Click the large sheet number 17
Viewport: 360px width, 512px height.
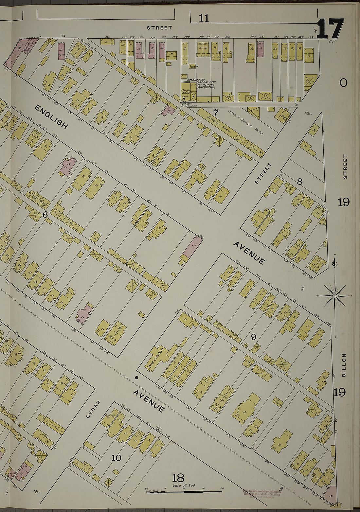[330, 29]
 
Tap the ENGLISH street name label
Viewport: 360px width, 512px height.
[51, 117]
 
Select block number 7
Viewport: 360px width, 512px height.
[216, 113]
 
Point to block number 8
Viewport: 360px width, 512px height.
[299, 182]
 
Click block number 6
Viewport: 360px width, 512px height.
[45, 215]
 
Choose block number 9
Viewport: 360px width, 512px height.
[253, 337]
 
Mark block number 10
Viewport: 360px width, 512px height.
[117, 458]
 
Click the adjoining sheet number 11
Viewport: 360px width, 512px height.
[204, 19]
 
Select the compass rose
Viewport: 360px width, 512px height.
[334, 296]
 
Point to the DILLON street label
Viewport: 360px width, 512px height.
[344, 365]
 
